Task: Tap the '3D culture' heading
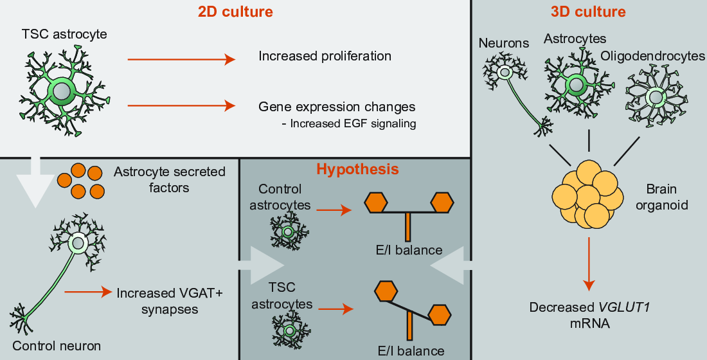pos(588,12)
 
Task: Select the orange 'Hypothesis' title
pos(357,170)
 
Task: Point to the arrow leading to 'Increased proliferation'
pos(181,60)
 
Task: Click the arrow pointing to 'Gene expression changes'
pos(181,105)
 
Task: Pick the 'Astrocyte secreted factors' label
pos(169,181)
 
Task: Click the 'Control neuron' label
pos(57,346)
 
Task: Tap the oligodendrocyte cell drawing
pos(656,98)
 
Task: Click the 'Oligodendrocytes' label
pos(652,57)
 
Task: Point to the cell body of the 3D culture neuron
pos(506,73)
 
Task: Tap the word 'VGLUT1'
pos(624,307)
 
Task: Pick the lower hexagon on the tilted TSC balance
pos(440,315)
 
